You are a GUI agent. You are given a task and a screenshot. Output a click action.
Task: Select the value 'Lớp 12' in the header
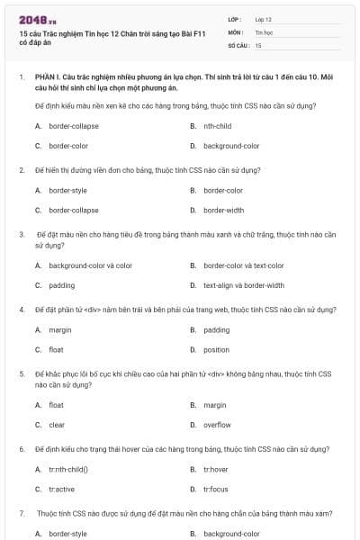tap(264, 19)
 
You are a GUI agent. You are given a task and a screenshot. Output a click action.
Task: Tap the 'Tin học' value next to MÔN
tap(264, 31)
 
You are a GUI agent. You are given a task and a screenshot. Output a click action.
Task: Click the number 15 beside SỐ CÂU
tap(258, 44)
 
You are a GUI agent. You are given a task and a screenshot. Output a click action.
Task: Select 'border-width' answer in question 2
tap(223, 210)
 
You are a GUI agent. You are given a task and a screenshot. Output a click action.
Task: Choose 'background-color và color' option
tap(90, 265)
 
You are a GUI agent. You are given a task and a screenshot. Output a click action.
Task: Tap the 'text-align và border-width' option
tap(243, 285)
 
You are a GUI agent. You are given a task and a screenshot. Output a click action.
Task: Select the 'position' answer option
tap(216, 349)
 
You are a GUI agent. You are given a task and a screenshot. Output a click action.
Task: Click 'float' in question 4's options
tap(56, 349)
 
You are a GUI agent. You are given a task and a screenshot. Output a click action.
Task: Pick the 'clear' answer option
tap(57, 425)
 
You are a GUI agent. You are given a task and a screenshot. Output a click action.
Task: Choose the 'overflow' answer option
tap(217, 425)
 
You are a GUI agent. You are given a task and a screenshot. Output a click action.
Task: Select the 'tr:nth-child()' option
tap(68, 469)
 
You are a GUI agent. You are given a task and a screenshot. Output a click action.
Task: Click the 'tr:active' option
tap(61, 489)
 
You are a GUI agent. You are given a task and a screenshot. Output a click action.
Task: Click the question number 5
tap(22, 373)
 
